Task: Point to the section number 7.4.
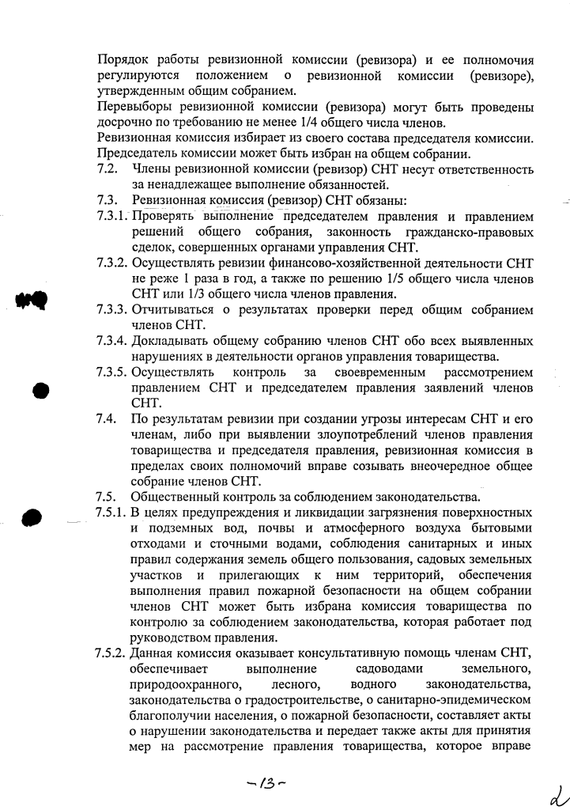(107, 418)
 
